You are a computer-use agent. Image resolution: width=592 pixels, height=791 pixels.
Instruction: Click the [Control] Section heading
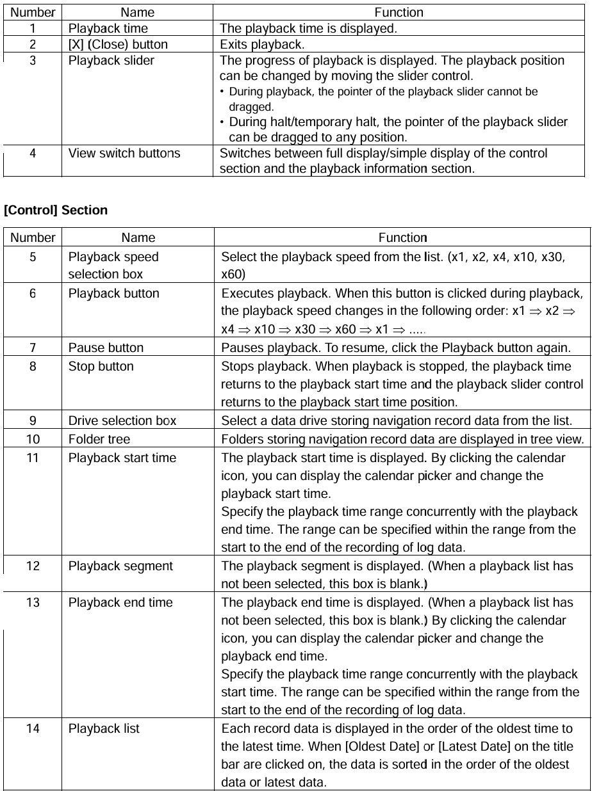pyautogui.click(x=56, y=210)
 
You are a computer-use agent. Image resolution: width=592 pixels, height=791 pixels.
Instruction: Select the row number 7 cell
pyautogui.click(x=33, y=348)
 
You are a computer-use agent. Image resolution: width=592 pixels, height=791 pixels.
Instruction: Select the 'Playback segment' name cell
pyautogui.click(x=120, y=566)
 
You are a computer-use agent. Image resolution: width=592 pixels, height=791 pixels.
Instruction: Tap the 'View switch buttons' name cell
pyautogui.click(x=124, y=154)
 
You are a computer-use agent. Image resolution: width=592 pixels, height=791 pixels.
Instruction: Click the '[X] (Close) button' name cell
pyautogui.click(x=118, y=45)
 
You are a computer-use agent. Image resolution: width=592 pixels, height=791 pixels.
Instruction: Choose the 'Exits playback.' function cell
pyautogui.click(x=262, y=45)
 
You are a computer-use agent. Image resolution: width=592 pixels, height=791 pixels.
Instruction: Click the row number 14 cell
pyautogui.click(x=33, y=728)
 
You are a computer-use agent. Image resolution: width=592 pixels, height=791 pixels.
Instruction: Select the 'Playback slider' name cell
pyautogui.click(x=111, y=61)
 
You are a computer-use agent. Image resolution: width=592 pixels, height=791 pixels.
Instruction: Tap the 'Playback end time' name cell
pyautogui.click(x=120, y=602)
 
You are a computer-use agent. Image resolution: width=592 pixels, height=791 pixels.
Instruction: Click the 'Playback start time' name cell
pyautogui.click(x=122, y=458)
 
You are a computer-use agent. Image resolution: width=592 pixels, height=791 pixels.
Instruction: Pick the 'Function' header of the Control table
pyautogui.click(x=402, y=238)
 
